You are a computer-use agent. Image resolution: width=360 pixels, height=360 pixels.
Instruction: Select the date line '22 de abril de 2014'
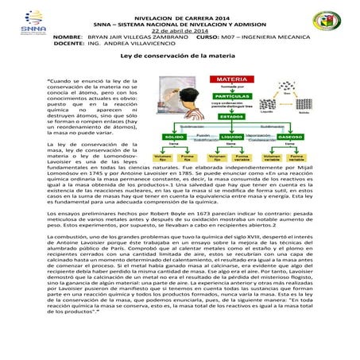coord(179,29)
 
